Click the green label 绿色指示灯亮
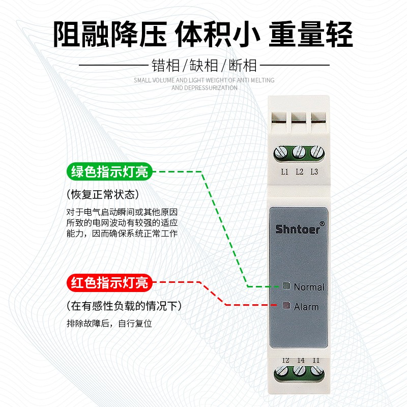click(109, 171)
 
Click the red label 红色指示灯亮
click(109, 281)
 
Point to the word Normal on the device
click(309, 287)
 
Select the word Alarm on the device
click(306, 307)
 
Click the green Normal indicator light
click(286, 286)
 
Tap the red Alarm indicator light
click(286, 306)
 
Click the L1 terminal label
click(285, 171)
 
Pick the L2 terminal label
click(300, 171)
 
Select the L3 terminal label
click(314, 171)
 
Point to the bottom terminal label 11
click(316, 360)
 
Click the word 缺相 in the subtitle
click(204, 65)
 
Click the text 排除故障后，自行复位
click(109, 323)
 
